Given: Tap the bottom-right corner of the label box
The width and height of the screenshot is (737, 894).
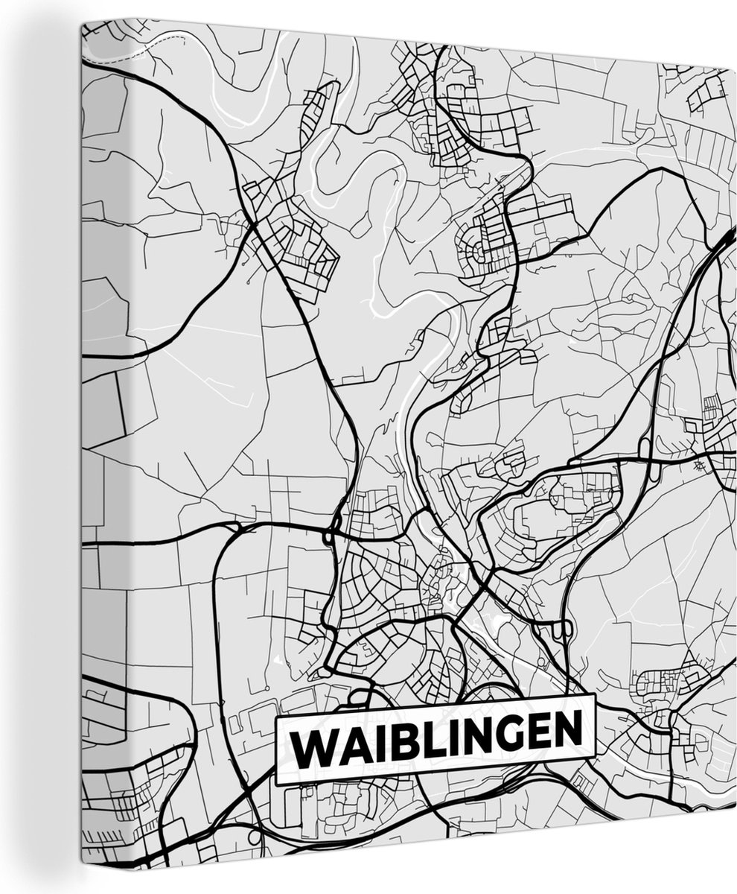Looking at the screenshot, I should click(x=596, y=754).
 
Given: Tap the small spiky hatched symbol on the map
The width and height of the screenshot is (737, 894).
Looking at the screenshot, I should click(x=698, y=466).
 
